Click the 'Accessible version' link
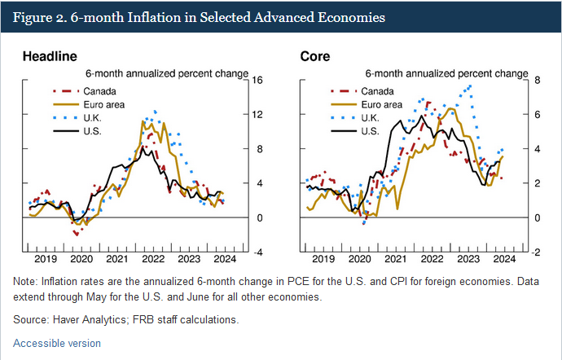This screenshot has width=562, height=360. [x=57, y=343]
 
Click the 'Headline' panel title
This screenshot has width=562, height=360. [x=50, y=56]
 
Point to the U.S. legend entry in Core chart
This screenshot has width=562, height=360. [x=369, y=130]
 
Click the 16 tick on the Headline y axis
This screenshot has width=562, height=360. [x=258, y=80]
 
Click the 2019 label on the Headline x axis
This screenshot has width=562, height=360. [x=46, y=259]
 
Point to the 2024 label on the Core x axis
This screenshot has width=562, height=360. [x=504, y=259]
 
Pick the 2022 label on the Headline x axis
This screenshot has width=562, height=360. [x=151, y=259]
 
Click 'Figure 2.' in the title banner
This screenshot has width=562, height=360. [x=42, y=16]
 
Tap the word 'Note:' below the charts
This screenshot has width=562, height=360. [x=27, y=280]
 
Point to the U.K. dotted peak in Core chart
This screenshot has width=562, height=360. [x=468, y=86]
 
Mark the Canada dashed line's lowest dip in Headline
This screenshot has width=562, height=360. [x=76, y=234]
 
